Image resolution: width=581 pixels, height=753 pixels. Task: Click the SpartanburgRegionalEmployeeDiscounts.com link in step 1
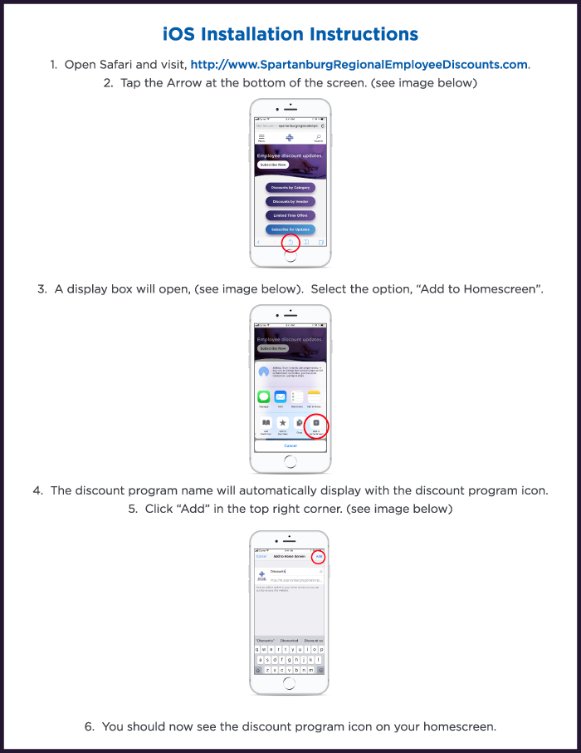[359, 64]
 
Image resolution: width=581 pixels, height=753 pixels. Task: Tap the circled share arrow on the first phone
[290, 242]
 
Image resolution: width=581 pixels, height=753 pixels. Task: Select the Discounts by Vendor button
[290, 201]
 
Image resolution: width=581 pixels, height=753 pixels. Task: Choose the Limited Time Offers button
[290, 215]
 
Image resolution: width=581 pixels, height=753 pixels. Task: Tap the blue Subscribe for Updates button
[290, 229]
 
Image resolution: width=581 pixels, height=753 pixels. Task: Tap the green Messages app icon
[264, 397]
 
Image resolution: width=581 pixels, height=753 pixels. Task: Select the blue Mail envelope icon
[281, 397]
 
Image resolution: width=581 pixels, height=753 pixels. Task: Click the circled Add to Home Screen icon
[315, 424]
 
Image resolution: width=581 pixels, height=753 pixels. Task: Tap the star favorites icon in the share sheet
[282, 423]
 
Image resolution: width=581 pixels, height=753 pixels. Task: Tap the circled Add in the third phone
[319, 556]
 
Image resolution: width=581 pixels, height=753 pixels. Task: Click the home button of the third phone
[290, 683]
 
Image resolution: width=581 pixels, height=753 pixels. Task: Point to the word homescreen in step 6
[459, 726]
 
